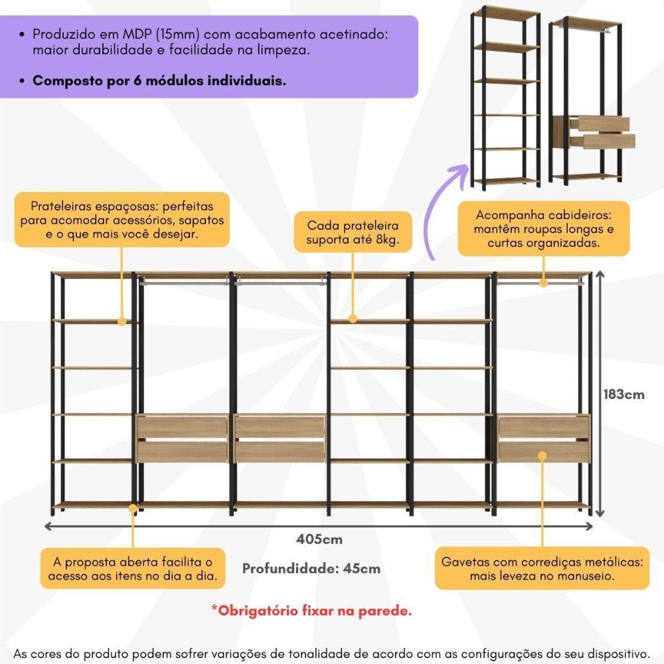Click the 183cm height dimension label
623,394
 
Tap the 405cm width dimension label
319,539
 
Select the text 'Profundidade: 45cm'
311,568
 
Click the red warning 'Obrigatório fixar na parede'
311,610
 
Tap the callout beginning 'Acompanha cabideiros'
543,229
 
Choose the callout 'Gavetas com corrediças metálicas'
542,568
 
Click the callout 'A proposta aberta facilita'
132,568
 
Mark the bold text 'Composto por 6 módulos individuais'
159,81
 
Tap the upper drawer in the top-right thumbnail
603,124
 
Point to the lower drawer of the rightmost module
543,452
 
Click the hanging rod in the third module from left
280,282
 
